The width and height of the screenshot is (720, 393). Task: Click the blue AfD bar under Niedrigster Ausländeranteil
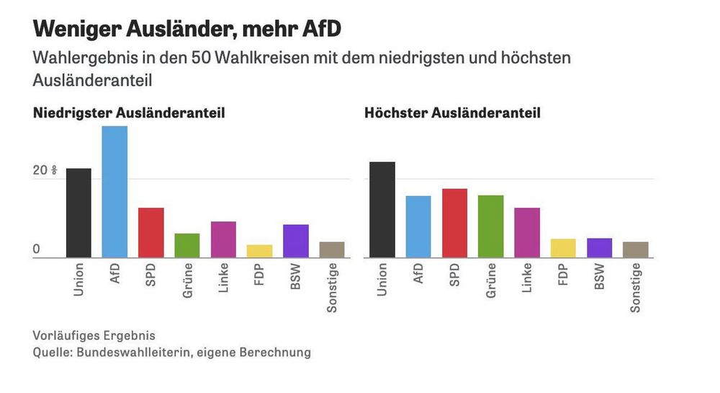point(114,192)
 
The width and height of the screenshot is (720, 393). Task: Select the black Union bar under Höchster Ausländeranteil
point(382,209)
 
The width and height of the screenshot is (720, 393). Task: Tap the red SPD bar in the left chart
point(150,232)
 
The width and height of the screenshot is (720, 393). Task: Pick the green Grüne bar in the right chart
point(490,226)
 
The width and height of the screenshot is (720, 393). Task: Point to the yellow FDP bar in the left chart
point(259,251)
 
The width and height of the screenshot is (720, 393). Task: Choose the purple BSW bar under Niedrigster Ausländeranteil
point(295,241)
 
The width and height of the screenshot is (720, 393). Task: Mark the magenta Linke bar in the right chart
point(527,232)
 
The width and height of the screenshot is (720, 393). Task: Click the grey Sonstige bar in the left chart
point(332,250)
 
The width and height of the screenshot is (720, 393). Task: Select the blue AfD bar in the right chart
point(418,226)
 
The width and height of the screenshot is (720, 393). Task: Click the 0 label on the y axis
point(37,250)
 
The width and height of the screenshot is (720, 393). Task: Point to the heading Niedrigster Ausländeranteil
point(129,113)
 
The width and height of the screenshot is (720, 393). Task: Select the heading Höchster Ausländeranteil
point(452,113)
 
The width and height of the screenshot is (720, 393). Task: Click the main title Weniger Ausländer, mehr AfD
point(186,30)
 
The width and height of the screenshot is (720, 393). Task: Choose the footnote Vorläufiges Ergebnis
point(94,336)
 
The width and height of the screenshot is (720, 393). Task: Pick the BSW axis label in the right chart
point(600,278)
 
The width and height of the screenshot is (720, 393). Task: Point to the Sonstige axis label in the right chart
point(636,288)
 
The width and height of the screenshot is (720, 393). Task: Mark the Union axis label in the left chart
point(78,280)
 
